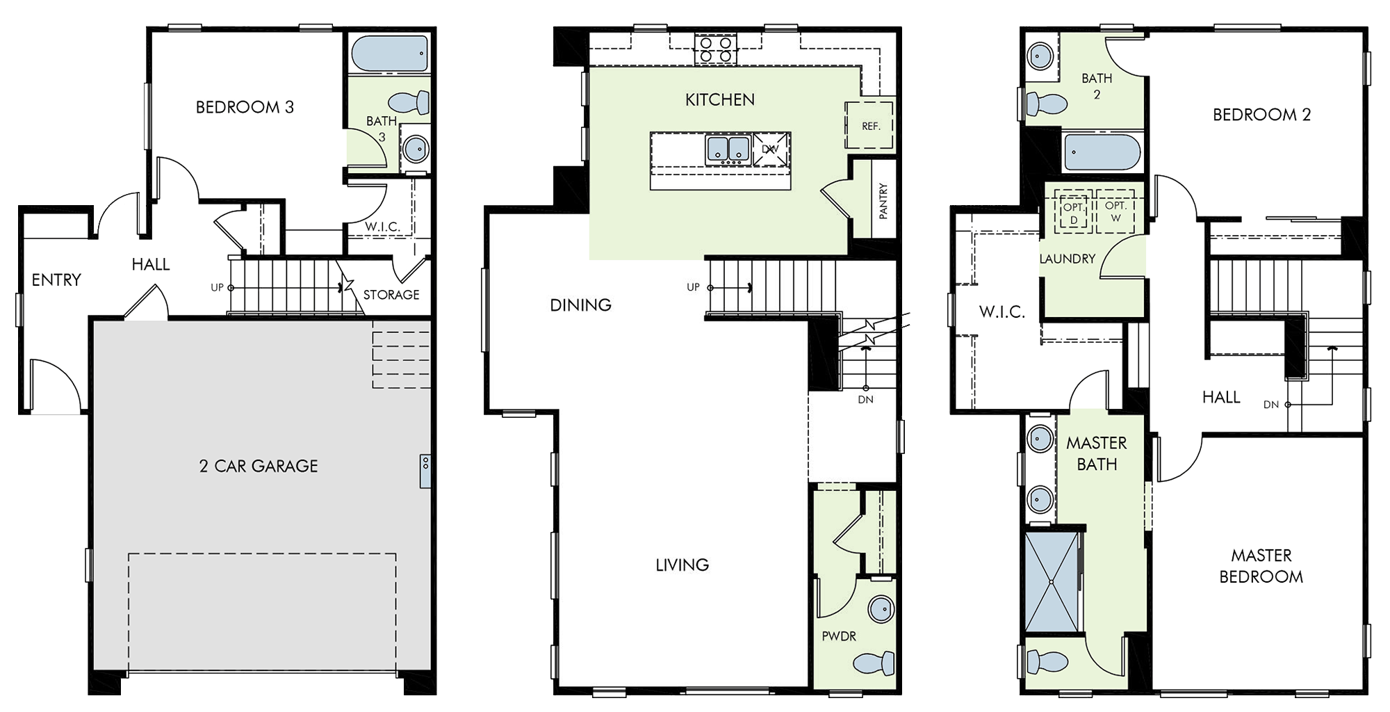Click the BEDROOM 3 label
pyautogui.click(x=245, y=107)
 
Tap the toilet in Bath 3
pyautogui.click(x=409, y=104)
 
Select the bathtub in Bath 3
pyautogui.click(x=389, y=53)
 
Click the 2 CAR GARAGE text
pyautogui.click(x=259, y=466)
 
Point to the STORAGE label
pyautogui.click(x=391, y=295)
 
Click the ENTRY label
pyautogui.click(x=56, y=280)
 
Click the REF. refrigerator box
pyautogui.click(x=870, y=125)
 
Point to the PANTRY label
pyautogui.click(x=883, y=202)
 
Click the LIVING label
pyautogui.click(x=682, y=565)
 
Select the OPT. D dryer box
pyautogui.click(x=1073, y=213)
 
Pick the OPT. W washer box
pyautogui.click(x=1115, y=213)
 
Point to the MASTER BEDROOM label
pyautogui.click(x=1261, y=566)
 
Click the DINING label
pyautogui.click(x=580, y=305)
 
